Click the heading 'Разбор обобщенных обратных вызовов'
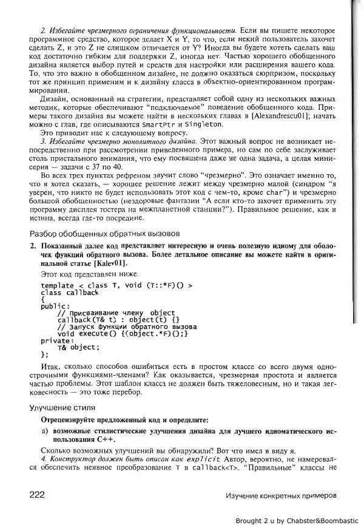click(104, 234)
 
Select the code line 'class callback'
click(69, 293)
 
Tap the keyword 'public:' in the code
click(55, 306)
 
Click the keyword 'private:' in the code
click(57, 340)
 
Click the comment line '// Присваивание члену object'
click(116, 313)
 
